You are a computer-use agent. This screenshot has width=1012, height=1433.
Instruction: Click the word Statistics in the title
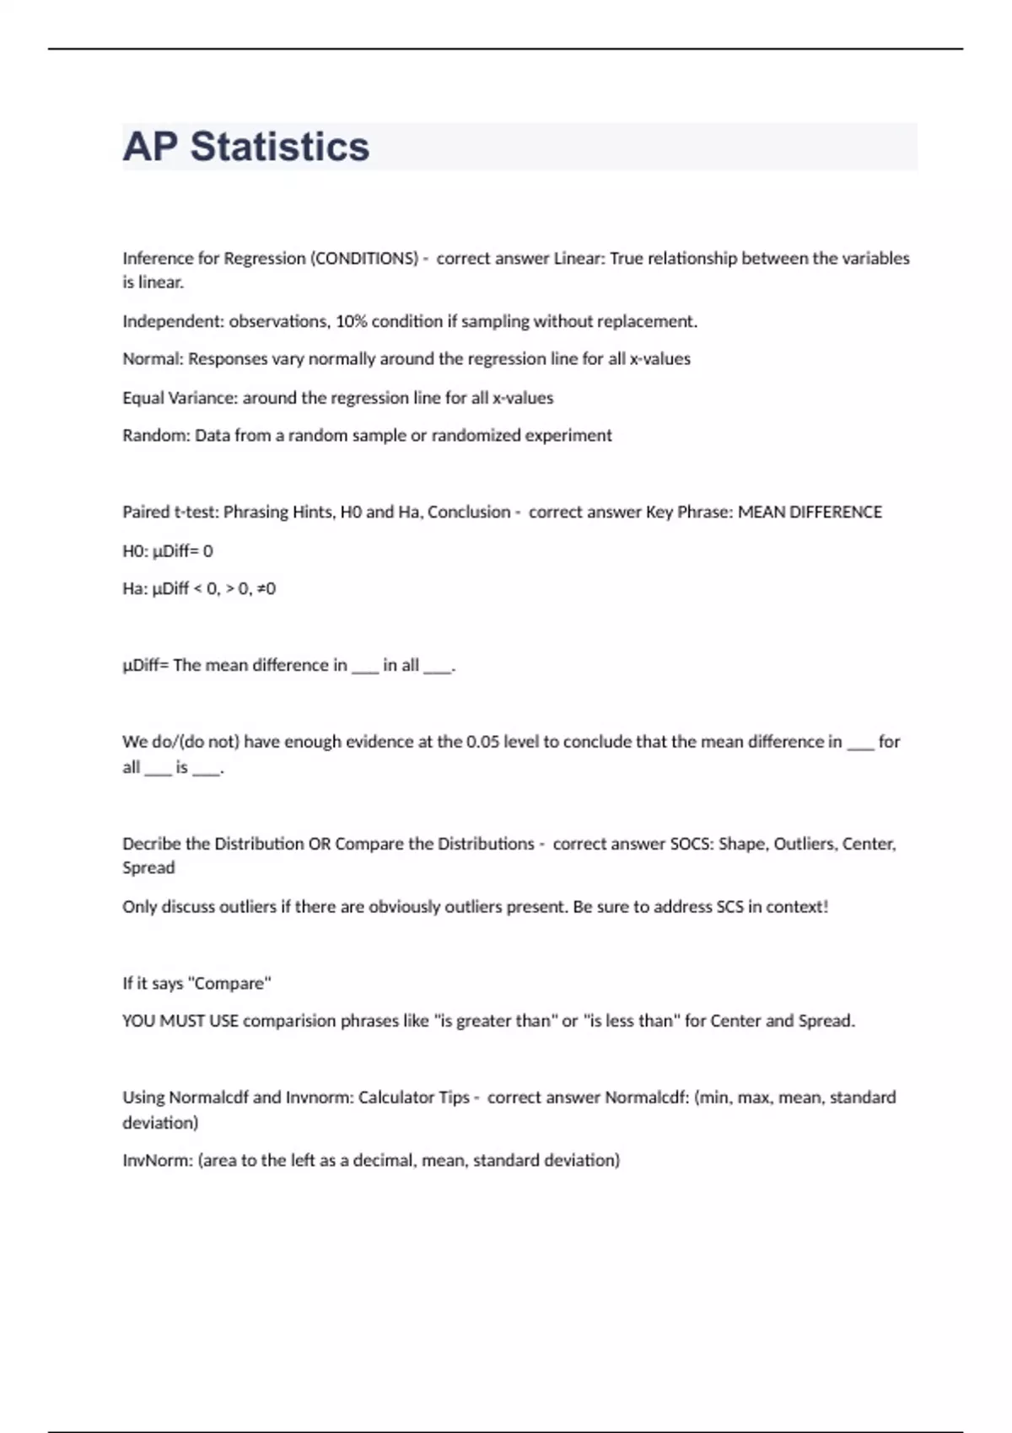[x=280, y=147]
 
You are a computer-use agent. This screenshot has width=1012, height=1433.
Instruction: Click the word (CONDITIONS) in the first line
[x=364, y=259]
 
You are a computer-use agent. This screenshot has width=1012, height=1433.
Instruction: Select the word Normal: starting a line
[x=153, y=359]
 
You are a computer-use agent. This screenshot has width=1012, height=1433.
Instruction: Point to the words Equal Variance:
[x=180, y=398]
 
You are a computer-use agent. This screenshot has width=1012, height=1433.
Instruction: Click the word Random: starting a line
[x=156, y=436]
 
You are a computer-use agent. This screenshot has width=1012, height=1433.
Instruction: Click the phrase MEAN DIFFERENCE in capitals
[x=810, y=513]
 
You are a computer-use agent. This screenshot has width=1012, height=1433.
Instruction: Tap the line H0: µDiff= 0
[x=168, y=551]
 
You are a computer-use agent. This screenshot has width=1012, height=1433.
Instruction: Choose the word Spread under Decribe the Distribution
[x=148, y=868]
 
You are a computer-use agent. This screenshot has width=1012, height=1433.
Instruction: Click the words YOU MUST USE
[x=180, y=1021]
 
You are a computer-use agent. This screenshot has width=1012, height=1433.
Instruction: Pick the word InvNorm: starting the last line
[x=157, y=1161]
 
